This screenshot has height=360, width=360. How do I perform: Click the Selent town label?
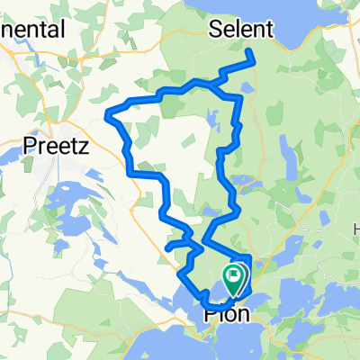pos(240,30)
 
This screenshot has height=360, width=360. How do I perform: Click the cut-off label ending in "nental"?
pos(33,30)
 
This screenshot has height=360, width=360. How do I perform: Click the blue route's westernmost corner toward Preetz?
pos(108,113)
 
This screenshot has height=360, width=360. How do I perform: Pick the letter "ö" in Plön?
pos(236,316)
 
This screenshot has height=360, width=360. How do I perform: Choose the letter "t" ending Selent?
pos(268,30)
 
